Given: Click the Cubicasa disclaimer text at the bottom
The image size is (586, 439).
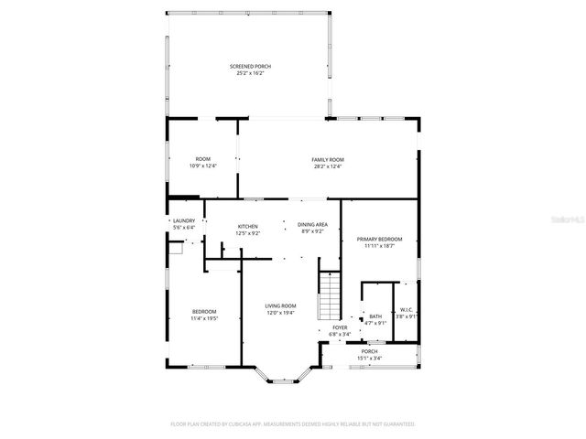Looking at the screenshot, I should tap(293, 424).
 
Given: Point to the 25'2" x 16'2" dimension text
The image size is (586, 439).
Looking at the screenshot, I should tap(250, 74).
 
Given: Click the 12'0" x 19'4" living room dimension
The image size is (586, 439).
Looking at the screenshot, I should tap(280, 312).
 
